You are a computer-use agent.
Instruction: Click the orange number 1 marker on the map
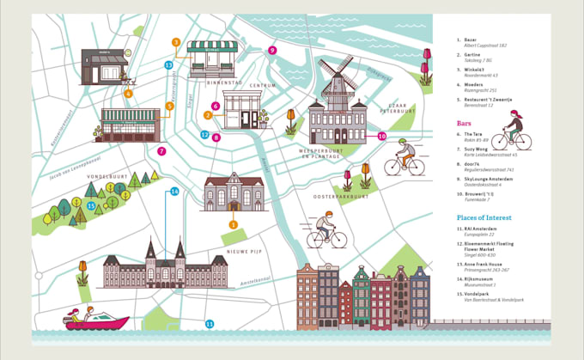(233, 225)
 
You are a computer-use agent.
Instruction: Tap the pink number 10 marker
(382, 136)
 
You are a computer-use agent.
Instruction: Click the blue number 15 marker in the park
(90, 205)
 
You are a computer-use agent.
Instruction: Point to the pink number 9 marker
(271, 51)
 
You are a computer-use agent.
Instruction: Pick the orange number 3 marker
(175, 42)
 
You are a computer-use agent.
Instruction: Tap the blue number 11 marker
(209, 323)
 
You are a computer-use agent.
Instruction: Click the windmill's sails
(337, 71)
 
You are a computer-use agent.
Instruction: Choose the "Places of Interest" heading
(484, 217)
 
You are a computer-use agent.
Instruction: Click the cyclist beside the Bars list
(511, 131)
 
